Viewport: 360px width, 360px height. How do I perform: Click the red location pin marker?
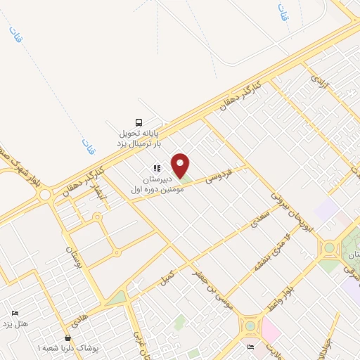[x=181, y=166]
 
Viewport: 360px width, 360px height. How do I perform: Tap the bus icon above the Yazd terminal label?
[x=139, y=121]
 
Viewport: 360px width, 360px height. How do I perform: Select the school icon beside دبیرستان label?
[x=157, y=169]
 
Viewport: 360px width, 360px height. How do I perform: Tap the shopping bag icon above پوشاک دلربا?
[x=67, y=337]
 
